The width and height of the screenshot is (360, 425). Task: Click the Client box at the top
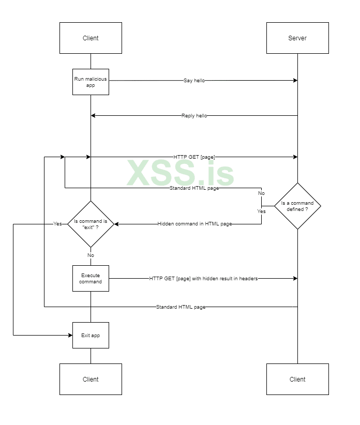coord(91,38)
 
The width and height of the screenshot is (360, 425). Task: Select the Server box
coord(297,38)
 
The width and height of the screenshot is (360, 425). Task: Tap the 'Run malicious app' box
coord(91,82)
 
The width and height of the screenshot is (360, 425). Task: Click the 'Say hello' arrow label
coord(194,81)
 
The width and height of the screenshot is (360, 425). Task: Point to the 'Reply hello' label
coord(194,116)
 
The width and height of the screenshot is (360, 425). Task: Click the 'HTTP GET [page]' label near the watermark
coord(194,157)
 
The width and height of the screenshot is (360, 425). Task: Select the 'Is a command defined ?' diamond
coord(297,206)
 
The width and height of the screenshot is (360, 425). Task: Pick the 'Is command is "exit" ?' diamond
coord(91,224)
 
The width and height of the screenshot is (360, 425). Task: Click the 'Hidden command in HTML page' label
coord(194,224)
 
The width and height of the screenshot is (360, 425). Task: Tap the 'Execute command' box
coord(91,278)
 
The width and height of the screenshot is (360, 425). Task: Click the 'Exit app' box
coord(91,335)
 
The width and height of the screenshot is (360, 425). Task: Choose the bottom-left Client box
coord(91,379)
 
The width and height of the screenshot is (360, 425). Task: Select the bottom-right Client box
coord(297,379)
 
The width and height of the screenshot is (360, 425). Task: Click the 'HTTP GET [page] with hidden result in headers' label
coord(203,278)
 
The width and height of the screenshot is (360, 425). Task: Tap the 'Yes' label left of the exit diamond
coord(57,224)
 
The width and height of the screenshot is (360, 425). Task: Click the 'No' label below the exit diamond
coord(91,255)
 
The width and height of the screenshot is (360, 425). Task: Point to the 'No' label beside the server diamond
coord(261,193)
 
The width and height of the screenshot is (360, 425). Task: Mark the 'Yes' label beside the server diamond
coord(261,211)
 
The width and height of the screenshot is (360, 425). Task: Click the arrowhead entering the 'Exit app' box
coord(70,335)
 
